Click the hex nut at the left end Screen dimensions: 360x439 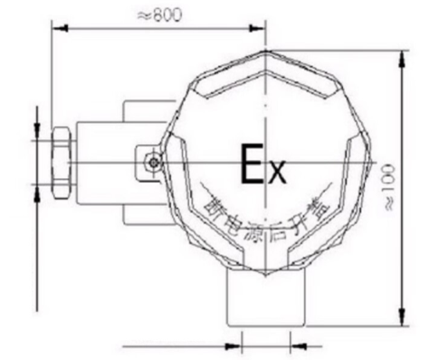point(61,163)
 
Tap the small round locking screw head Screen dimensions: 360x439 point(153,163)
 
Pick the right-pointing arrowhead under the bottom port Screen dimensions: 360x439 point(236,345)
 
